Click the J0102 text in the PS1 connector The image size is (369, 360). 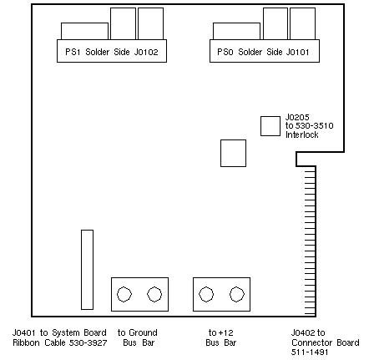tap(146, 52)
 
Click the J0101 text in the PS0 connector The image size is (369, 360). tap(297, 52)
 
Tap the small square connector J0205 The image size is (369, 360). tap(270, 126)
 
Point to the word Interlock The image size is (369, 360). tap(302, 134)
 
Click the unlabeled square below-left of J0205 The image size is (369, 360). tap(233, 153)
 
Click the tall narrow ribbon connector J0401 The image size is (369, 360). tap(87, 270)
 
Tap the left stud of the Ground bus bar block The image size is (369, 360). tap(124, 294)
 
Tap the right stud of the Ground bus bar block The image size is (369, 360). tap(154, 294)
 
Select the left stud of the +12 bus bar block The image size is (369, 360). tap(206, 294)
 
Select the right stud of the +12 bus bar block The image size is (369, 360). tap(237, 294)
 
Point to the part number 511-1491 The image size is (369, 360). tap(310, 352)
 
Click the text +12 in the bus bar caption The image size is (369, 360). tap(226, 332)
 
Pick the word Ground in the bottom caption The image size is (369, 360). tap(143, 332)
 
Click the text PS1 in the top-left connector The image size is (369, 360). tap(73, 52)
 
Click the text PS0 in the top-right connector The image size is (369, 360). tap(225, 52)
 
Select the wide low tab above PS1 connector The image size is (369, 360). tap(84, 31)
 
